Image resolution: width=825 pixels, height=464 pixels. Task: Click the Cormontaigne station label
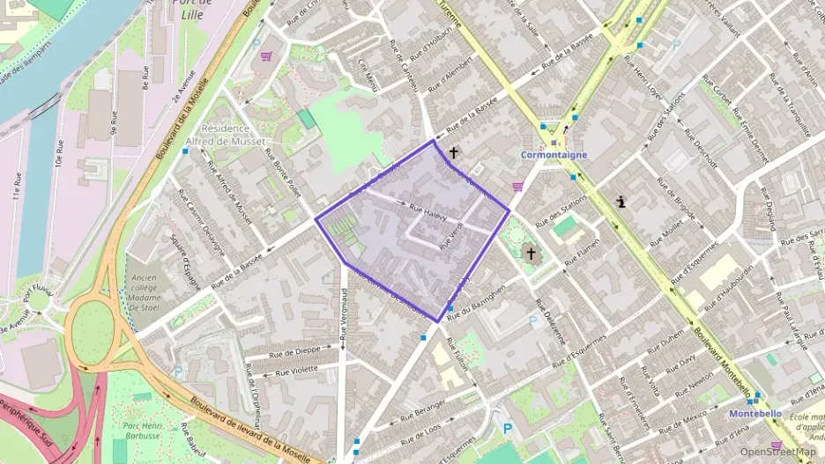point(554,155)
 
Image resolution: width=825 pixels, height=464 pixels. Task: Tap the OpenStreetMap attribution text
point(777,452)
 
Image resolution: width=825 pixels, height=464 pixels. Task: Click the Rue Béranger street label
point(422,409)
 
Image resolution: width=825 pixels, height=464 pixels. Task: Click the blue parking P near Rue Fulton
point(507,429)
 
